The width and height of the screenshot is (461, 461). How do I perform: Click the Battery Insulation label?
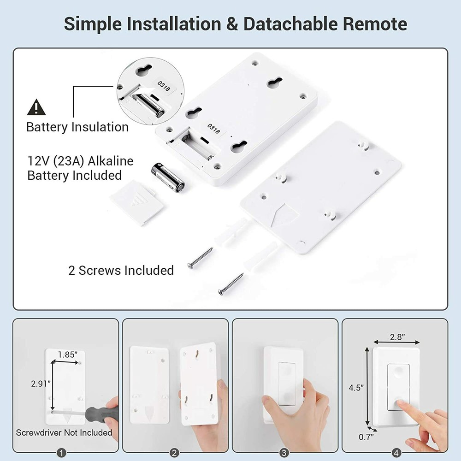(x=77, y=127)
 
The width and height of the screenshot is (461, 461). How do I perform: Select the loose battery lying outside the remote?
(x=168, y=177)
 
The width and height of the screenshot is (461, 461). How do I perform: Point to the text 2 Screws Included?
(x=121, y=270)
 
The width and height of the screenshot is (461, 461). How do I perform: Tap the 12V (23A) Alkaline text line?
(x=80, y=161)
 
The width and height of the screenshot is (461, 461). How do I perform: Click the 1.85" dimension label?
(x=67, y=354)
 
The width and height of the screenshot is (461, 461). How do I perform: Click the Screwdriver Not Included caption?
(x=64, y=432)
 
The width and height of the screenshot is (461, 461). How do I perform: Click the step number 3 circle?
(x=284, y=453)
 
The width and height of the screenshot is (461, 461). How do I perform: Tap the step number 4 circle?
(x=395, y=453)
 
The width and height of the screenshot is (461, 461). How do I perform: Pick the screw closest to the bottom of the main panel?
(x=231, y=284)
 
